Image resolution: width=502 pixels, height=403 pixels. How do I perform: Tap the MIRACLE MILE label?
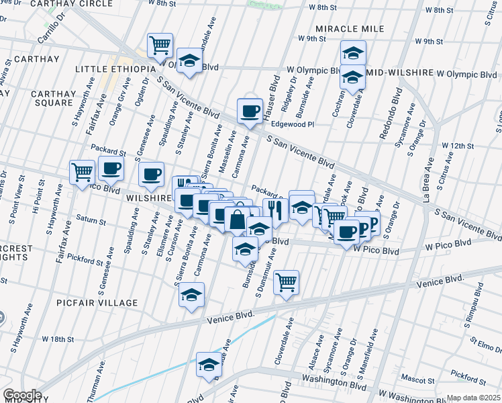(350, 30)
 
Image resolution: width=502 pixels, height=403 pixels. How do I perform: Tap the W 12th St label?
(458, 146)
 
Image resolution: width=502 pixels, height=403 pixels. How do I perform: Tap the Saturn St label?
(91, 220)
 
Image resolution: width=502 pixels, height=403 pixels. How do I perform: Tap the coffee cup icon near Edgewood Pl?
(250, 111)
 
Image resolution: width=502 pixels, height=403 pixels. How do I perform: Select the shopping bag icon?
(238, 219)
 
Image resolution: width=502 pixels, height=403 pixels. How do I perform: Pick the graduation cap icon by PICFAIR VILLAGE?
(191, 295)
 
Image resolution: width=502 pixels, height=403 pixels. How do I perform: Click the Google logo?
(22, 395)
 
